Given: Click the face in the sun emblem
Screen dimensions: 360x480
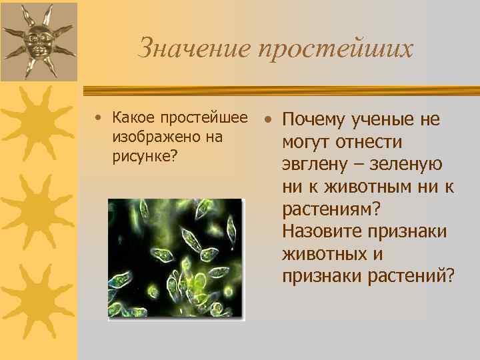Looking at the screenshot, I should (37, 41).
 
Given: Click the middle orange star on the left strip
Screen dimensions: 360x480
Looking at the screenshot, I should (37, 210).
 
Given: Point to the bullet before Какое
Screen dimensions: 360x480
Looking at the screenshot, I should (98, 119).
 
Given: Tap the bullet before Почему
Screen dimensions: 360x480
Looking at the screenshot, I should (267, 120).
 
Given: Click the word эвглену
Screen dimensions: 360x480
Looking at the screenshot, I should (314, 165).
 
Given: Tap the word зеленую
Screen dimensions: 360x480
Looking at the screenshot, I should (414, 165).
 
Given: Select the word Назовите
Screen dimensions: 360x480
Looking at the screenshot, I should (322, 232).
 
